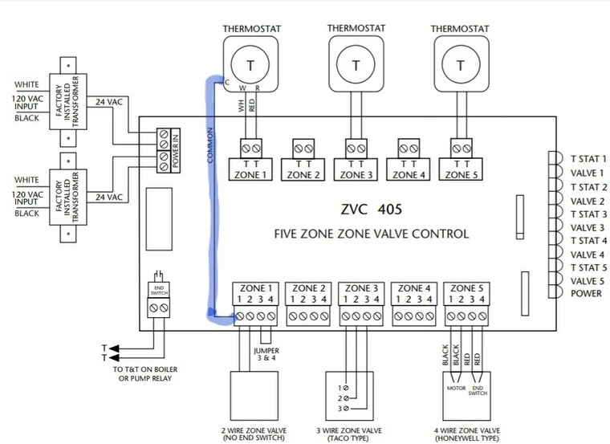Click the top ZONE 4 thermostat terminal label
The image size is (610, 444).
(409, 174)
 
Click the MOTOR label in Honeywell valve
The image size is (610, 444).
(455, 386)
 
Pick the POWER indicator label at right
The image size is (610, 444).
(586, 293)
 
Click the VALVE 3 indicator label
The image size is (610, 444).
(588, 227)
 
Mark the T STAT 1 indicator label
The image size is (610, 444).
(588, 159)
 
